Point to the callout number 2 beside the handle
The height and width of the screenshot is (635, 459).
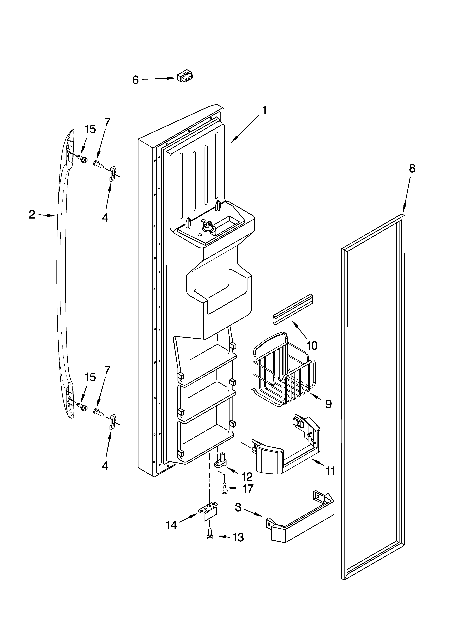(32, 215)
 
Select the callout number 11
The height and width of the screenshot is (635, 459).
(330, 471)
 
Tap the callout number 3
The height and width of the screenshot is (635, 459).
(238, 507)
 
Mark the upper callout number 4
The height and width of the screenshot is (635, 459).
(105, 217)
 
